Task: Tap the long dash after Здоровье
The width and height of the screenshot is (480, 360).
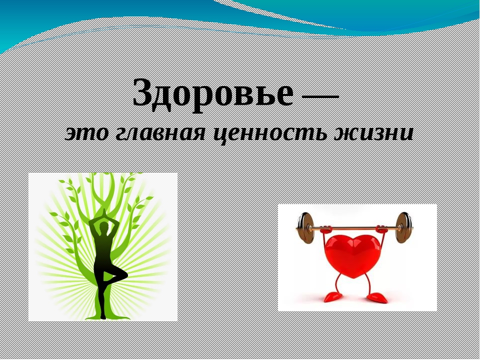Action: (x=320, y=96)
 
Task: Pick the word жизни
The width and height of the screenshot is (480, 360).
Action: (x=374, y=134)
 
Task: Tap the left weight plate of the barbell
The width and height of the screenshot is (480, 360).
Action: (x=305, y=228)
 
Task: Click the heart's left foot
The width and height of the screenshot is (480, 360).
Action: (x=333, y=296)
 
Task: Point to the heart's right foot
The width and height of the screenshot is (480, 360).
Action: (x=377, y=297)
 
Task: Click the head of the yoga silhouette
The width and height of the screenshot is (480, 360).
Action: (x=104, y=226)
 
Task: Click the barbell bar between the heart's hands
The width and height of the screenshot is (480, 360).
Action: (x=353, y=228)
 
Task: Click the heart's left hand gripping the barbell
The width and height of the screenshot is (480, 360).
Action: (x=326, y=229)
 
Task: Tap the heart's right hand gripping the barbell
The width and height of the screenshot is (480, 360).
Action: (x=381, y=229)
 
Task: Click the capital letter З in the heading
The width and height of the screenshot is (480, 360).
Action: (x=143, y=91)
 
